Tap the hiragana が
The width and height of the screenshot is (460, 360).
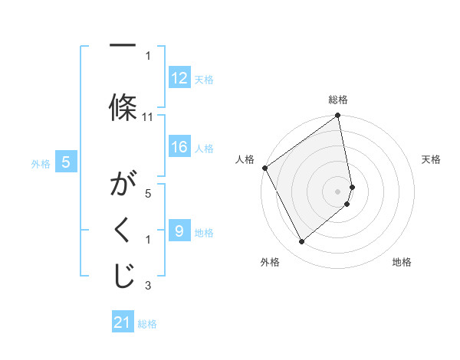pyautogui.click(x=123, y=185)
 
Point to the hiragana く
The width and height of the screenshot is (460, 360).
pyautogui.click(x=123, y=232)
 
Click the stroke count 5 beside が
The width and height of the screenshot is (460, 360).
pyautogui.click(x=148, y=194)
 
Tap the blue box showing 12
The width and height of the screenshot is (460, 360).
pyautogui.click(x=179, y=78)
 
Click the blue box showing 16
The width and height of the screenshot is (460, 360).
pyautogui.click(x=179, y=148)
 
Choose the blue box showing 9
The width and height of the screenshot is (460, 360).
pyautogui.click(x=179, y=231)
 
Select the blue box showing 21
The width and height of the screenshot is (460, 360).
pyautogui.click(x=123, y=323)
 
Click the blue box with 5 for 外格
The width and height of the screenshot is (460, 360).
pyautogui.click(x=66, y=162)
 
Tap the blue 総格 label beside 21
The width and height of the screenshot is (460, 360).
pyautogui.click(x=147, y=324)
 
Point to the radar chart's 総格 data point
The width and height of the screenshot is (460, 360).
pyautogui.click(x=337, y=116)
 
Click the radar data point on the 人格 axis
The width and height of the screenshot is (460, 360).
pyautogui.click(x=264, y=168)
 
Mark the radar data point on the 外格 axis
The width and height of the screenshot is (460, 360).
pyautogui.click(x=301, y=242)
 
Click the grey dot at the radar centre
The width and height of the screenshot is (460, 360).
pyautogui.click(x=337, y=191)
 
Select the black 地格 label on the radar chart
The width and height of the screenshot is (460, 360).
pyautogui.click(x=402, y=262)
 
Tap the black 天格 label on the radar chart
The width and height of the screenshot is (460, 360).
pyautogui.click(x=431, y=159)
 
